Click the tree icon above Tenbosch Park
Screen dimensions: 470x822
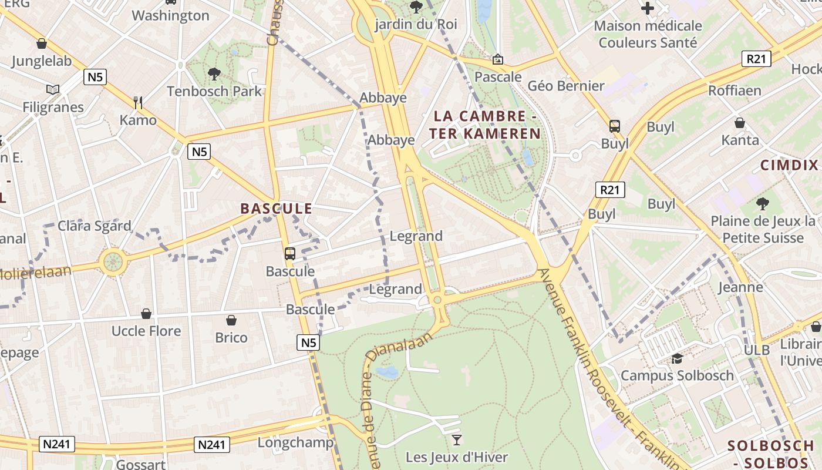214,74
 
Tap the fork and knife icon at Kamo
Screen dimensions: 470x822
138,103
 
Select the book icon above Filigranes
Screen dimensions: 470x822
53,90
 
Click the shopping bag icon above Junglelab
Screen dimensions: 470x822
41,43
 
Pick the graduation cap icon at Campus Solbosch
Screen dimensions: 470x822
677,358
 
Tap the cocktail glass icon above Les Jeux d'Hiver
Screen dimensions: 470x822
457,439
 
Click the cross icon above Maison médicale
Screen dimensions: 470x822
648,8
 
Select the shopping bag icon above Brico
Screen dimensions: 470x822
231,320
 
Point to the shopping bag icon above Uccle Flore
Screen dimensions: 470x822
146,314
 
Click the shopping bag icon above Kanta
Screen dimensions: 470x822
740,123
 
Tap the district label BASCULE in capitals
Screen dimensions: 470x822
276,209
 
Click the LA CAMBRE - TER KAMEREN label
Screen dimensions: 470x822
485,125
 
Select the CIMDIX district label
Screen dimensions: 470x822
789,165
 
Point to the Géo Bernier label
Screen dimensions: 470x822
566,86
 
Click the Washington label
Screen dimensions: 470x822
170,15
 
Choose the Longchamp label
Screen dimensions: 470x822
295,442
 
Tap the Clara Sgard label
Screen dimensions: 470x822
94,226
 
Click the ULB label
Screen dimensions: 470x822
756,350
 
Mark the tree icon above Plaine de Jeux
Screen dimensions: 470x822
762,204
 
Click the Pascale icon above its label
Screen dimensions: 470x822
498,59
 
